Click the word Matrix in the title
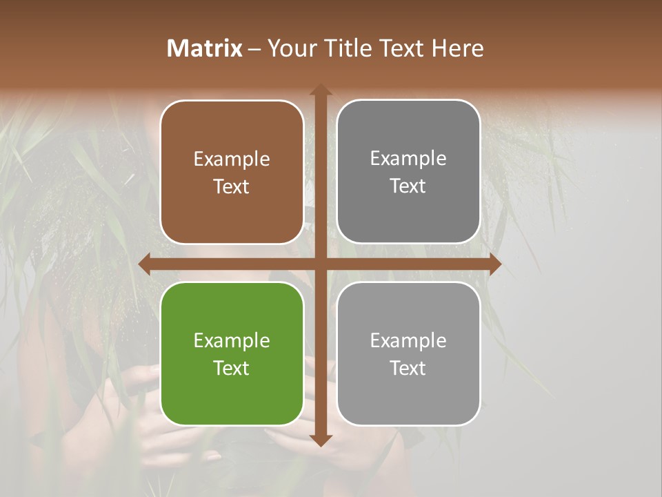(205, 48)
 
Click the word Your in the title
(288, 48)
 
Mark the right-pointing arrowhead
(494, 264)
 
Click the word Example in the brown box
(232, 159)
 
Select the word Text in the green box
(232, 368)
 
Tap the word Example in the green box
(232, 341)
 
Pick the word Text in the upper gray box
(408, 186)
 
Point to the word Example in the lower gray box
(408, 340)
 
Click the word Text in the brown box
(232, 187)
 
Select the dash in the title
(254, 49)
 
